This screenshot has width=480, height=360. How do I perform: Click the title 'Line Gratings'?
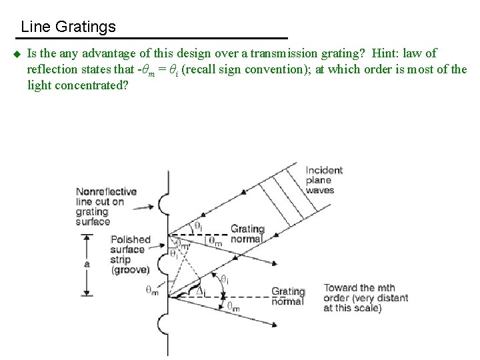[68, 27]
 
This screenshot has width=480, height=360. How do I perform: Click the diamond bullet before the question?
[14, 54]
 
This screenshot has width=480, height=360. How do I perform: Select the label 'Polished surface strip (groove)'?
[131, 254]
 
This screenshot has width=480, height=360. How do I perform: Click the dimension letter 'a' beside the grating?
[87, 264]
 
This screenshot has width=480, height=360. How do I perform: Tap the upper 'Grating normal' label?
[247, 234]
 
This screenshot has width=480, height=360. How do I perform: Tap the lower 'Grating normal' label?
[288, 297]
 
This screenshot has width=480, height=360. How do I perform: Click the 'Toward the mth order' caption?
[365, 298]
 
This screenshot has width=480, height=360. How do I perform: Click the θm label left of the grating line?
[153, 291]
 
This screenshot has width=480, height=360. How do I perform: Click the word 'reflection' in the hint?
[55, 69]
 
